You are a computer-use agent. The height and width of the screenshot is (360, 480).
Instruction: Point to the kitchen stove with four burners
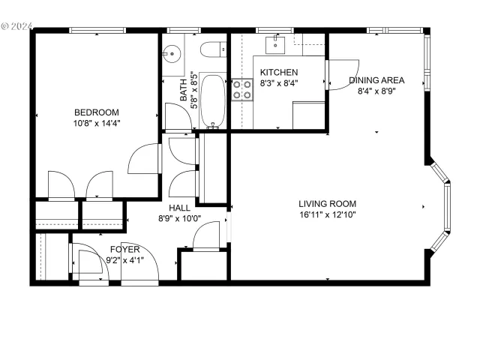coord(243,91)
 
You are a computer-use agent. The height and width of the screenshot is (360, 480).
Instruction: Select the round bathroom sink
coord(172,54)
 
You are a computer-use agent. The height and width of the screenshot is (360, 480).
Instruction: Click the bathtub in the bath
coord(213,100)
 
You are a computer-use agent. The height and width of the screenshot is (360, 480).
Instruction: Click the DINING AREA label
coord(376,80)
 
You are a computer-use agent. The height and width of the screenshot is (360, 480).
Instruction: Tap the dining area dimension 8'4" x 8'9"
coord(376,91)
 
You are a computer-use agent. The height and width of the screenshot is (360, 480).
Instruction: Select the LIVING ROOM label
coord(327,203)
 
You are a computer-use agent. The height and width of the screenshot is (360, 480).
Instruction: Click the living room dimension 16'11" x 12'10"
coord(327,214)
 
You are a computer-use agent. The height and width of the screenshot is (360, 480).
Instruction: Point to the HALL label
coord(179,208)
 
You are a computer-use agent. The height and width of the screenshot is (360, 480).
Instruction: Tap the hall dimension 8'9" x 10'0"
coord(179,219)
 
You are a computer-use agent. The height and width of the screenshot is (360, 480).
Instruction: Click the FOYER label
coord(125,249)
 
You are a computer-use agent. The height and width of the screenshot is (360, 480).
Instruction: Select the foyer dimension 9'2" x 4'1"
coord(125,260)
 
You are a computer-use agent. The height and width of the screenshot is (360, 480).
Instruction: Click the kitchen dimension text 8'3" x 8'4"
coord(279,83)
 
